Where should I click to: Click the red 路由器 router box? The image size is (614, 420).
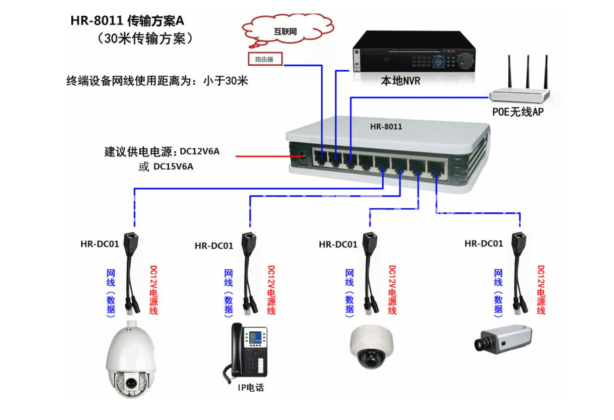tap(264, 60)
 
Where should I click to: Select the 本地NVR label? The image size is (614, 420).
tap(400, 81)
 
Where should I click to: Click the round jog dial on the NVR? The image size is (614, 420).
tap(465, 60)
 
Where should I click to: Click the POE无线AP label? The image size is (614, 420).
tap(518, 112)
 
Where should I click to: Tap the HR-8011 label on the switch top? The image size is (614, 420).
tap(386, 126)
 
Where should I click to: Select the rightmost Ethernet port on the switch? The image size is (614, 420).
tap(435, 168)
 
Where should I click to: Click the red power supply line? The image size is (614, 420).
tap(264, 156)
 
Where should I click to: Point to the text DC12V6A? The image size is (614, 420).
tap(200, 151)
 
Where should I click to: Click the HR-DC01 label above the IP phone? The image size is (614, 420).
tap(214, 246)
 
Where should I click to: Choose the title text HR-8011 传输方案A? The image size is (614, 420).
tap(127, 21)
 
